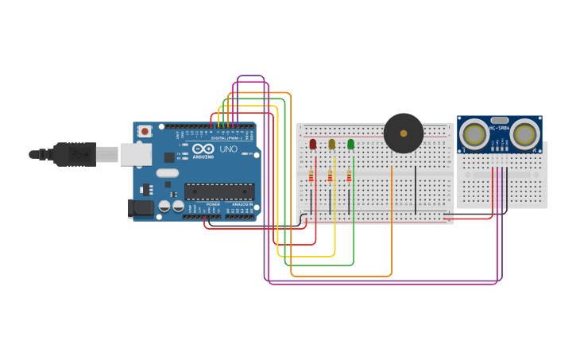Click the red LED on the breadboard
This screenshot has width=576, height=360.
(312, 144)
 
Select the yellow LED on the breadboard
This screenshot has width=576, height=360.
(331, 144)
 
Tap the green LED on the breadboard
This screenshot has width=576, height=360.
(350, 144)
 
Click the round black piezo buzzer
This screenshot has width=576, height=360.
(404, 133)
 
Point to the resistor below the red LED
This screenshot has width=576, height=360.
(311, 176)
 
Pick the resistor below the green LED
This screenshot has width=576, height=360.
(349, 176)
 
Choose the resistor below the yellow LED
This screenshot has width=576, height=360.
(330, 176)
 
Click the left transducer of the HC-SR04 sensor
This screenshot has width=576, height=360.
(474, 134)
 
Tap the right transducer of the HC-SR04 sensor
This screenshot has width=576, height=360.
(524, 134)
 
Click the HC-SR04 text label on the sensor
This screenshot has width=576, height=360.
(499, 128)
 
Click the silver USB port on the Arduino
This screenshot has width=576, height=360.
(136, 154)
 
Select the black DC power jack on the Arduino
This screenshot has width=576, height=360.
(141, 208)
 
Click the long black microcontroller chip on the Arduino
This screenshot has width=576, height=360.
(219, 191)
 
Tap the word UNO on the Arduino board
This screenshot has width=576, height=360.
(228, 149)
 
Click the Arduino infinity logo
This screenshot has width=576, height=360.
(203, 149)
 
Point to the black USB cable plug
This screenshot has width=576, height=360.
(75, 154)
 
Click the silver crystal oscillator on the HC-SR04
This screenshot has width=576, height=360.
(499, 120)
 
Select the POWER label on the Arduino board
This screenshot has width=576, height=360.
(213, 204)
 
